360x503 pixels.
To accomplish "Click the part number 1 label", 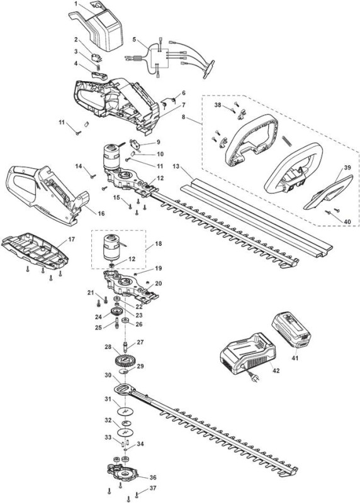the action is (x=76, y=4).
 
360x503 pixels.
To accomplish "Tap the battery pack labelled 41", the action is (x=291, y=331).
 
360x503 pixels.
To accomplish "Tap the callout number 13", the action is (x=176, y=166).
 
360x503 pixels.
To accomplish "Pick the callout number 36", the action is (x=152, y=478).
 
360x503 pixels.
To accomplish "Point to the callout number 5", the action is (x=134, y=40).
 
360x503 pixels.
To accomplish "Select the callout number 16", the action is (x=101, y=213).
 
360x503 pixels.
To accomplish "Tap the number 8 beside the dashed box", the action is (x=183, y=117).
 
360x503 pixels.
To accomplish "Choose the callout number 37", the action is (x=153, y=488).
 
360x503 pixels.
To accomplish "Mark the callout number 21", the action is (x=91, y=292).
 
